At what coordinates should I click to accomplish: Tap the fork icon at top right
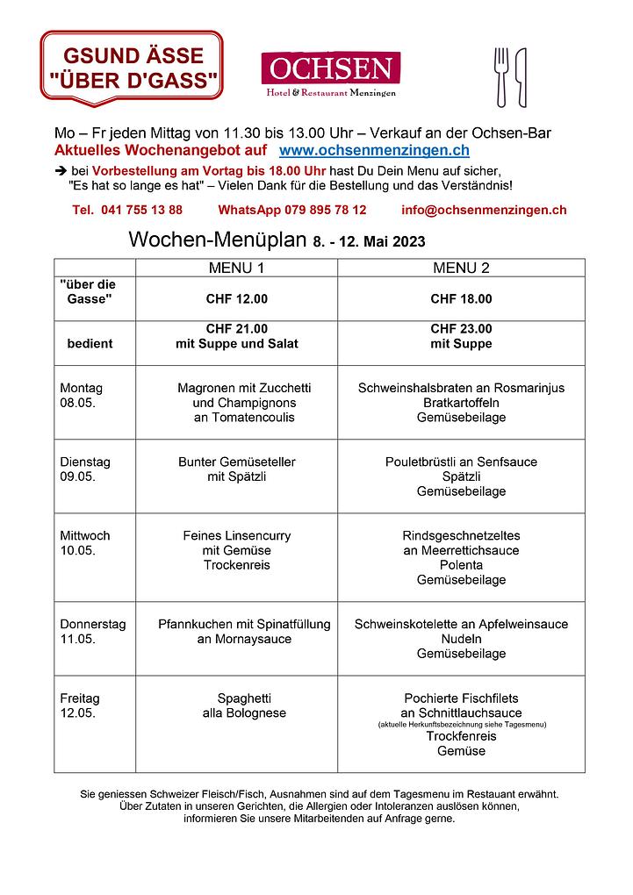click(x=501, y=76)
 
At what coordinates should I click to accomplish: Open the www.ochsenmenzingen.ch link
click(x=374, y=152)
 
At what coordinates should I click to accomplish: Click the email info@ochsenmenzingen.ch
click(x=483, y=210)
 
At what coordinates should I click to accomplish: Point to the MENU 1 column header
click(x=236, y=268)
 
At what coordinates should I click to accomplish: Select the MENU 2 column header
click(x=461, y=268)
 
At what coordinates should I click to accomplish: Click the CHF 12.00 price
click(x=236, y=299)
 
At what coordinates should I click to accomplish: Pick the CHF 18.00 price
click(x=461, y=299)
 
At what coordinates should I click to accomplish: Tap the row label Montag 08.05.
click(x=81, y=395)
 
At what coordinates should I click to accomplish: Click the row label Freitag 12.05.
click(x=80, y=705)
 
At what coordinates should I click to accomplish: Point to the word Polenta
click(x=461, y=565)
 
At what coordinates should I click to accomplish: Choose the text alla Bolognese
click(x=244, y=713)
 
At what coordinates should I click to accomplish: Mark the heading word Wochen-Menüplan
click(x=217, y=240)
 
